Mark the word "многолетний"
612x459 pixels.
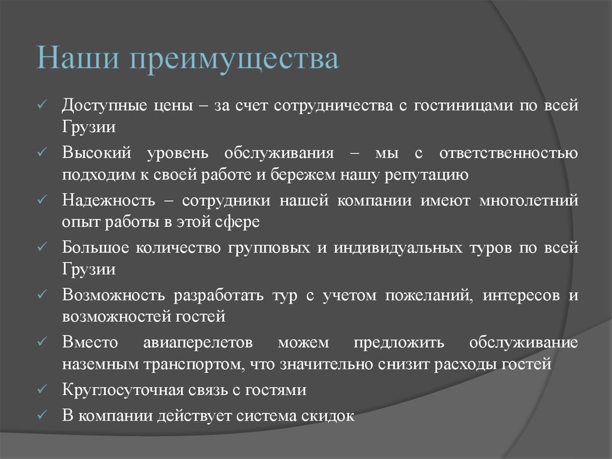click(x=528, y=200)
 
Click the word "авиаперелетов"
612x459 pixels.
click(x=198, y=342)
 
